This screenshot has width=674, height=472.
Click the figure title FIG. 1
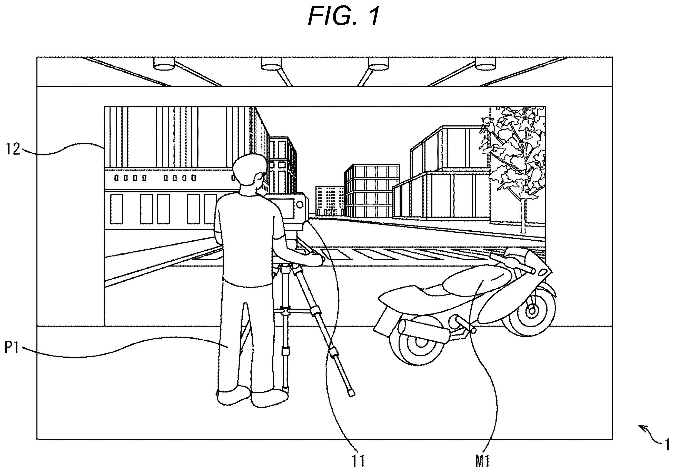pos(344,16)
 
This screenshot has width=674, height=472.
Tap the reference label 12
pos(14,149)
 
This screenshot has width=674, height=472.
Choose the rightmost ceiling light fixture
pos(486,64)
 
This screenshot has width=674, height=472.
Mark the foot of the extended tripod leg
pos(351,393)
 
